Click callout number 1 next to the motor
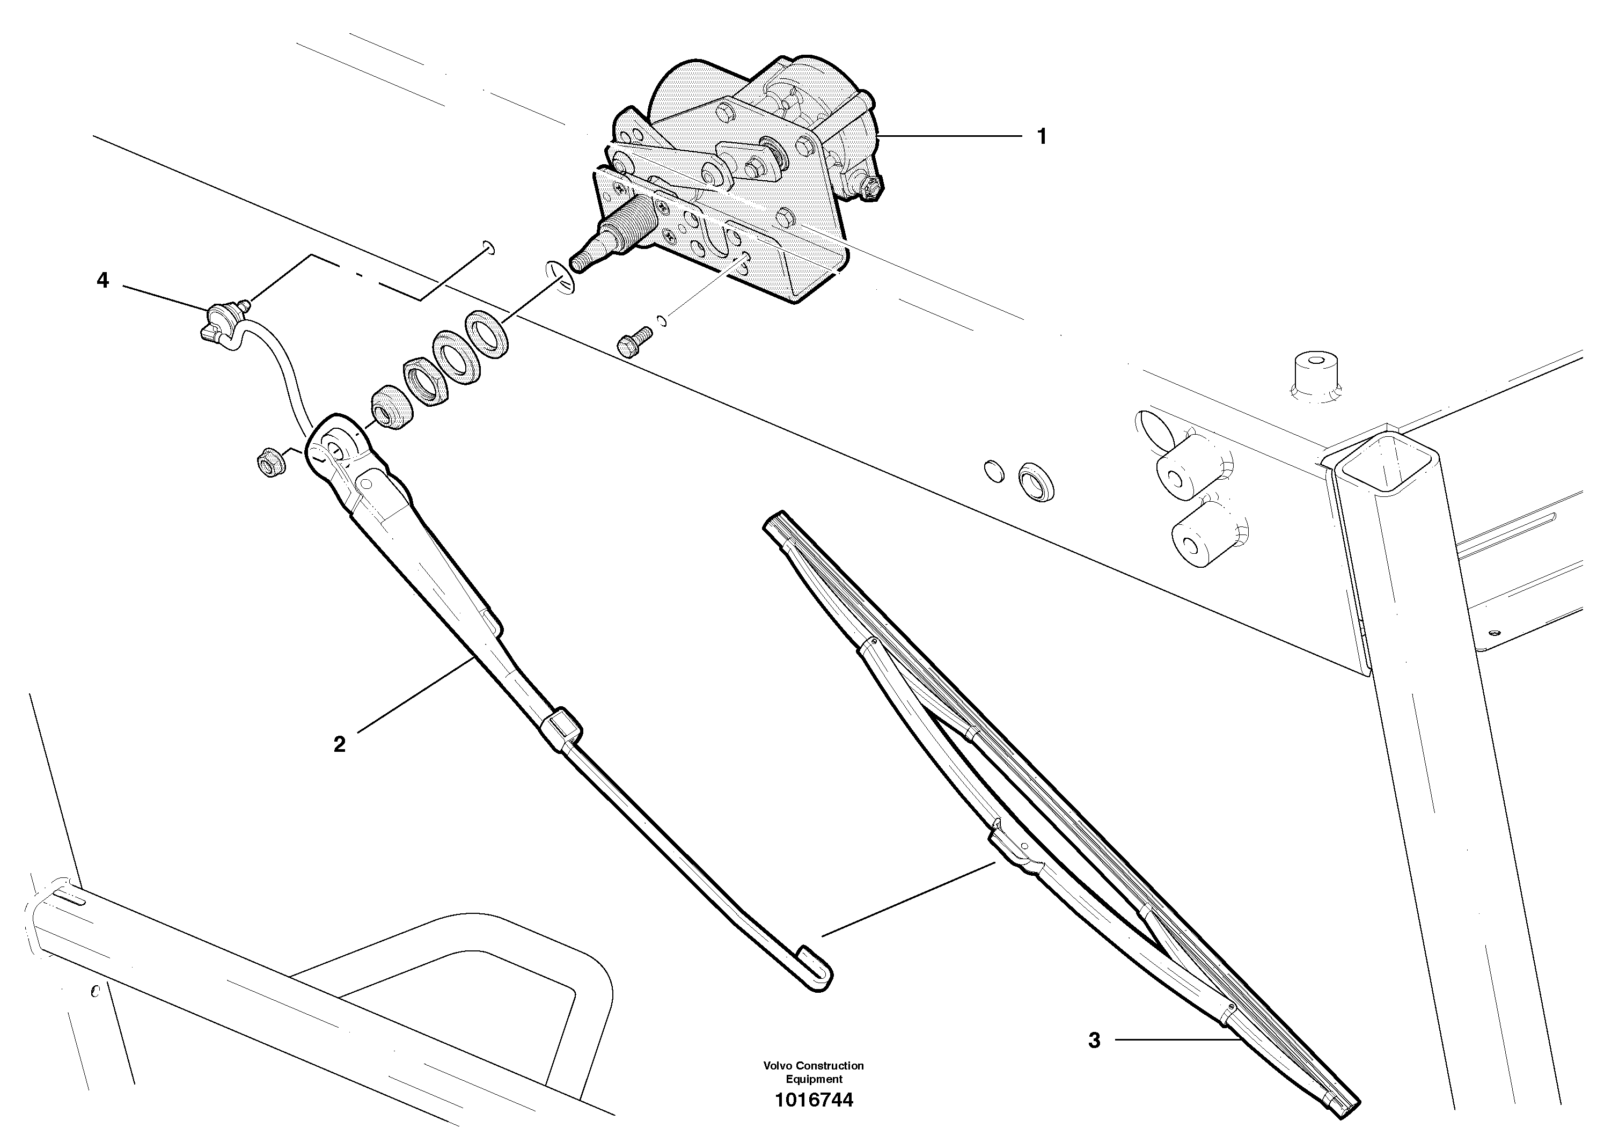(1041, 137)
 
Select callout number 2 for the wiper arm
(340, 745)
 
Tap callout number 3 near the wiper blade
(1094, 1060)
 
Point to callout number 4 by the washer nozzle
(103, 280)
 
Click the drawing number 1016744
(813, 1100)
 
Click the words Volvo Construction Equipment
(813, 1072)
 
